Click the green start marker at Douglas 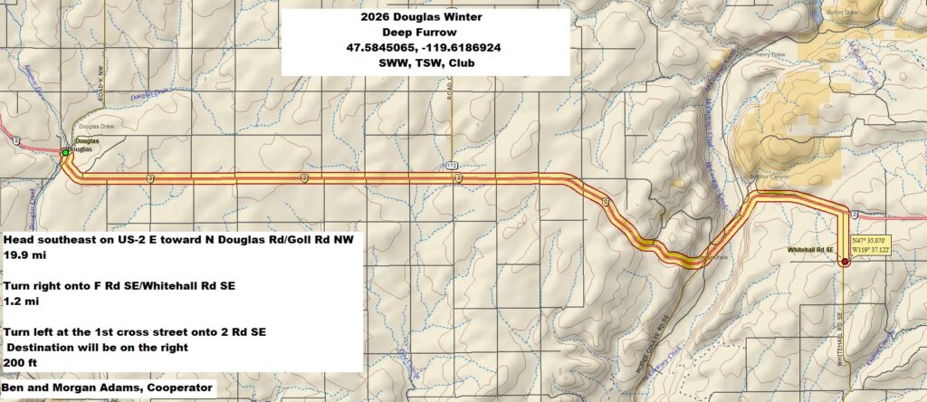pos(65,154)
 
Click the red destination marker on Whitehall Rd pos(844,263)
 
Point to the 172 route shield pos(450,166)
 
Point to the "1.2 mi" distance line pos(19,302)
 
